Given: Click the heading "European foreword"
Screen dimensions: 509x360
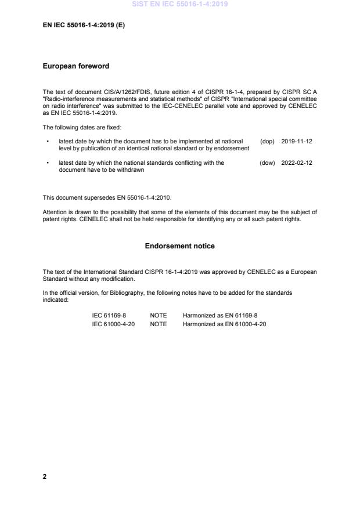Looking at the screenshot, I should point(76,66).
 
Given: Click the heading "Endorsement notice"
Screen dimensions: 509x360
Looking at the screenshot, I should point(179,246).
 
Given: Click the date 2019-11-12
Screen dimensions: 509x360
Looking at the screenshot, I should point(297,141).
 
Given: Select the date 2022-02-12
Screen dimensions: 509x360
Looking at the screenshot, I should point(297,163).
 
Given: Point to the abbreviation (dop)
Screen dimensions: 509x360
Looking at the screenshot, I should point(267,141).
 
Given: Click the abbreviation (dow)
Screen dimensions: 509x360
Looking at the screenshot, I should point(267,163).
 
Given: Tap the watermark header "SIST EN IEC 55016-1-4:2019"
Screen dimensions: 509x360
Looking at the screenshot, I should point(179,4).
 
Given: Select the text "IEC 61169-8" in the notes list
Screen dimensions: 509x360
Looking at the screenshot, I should point(106,315).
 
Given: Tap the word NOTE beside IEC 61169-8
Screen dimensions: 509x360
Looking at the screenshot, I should point(158,315).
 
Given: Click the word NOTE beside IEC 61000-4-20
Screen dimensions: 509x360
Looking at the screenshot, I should point(158,324).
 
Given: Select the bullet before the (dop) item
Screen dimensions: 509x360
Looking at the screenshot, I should point(47,141).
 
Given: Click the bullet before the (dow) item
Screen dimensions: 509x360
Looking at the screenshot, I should point(47,163).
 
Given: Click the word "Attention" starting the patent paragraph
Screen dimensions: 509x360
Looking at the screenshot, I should point(55,212).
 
